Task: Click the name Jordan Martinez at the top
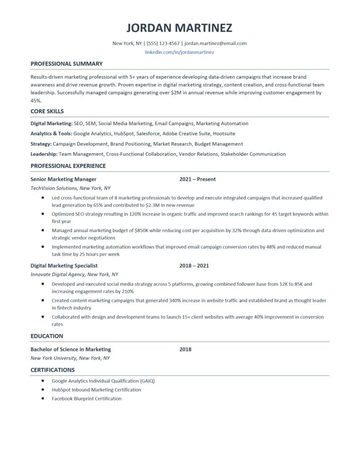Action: click(x=179, y=28)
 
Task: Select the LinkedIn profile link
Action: click(x=179, y=52)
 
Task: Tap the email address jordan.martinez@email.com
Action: click(x=215, y=44)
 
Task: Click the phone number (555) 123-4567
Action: click(x=163, y=44)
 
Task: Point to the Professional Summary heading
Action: click(x=66, y=64)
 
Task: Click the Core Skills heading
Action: click(x=47, y=111)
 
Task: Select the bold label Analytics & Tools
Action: click(x=51, y=134)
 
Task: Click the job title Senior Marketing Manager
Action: click(x=63, y=179)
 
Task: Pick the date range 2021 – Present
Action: click(x=197, y=179)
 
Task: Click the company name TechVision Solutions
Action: click(x=53, y=188)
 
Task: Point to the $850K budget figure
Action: click(x=142, y=231)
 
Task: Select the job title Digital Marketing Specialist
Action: click(x=64, y=266)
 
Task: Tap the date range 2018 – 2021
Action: click(x=194, y=266)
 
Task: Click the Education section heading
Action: click(x=47, y=336)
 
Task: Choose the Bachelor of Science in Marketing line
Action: click(x=70, y=349)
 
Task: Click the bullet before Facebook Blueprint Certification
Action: click(x=42, y=398)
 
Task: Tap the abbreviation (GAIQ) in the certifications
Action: click(x=147, y=381)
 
